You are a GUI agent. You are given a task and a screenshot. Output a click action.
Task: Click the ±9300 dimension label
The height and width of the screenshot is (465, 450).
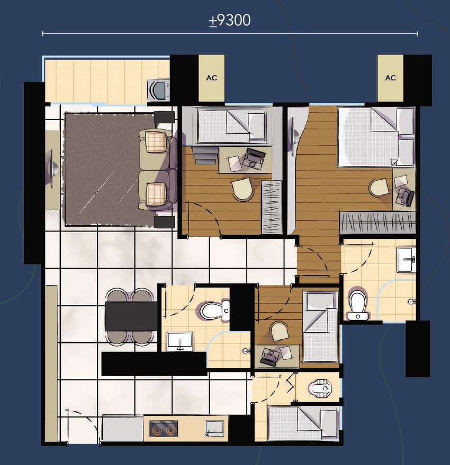[230, 21]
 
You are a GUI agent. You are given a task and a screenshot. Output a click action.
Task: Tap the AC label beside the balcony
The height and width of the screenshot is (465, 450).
[211, 78]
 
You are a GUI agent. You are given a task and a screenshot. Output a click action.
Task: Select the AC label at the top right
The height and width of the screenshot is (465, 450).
[390, 78]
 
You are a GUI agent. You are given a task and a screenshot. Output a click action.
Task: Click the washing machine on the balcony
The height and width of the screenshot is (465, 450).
[158, 89]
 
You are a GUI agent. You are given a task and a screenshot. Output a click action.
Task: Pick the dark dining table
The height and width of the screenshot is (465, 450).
[131, 316]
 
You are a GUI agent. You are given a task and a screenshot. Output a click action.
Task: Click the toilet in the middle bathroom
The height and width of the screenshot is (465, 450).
[214, 311]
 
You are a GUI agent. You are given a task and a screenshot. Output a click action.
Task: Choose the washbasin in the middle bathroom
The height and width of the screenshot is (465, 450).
[180, 341]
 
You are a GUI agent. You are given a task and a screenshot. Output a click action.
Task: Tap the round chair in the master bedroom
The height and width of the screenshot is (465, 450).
[380, 188]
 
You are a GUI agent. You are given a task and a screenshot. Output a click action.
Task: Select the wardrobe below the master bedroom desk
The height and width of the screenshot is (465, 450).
[377, 222]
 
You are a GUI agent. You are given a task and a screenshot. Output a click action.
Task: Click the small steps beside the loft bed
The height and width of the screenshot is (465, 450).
[204, 155]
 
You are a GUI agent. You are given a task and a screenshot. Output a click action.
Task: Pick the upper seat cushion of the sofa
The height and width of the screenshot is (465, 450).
[156, 142]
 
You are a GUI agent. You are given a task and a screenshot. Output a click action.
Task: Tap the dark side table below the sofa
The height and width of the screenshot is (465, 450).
[164, 222]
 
